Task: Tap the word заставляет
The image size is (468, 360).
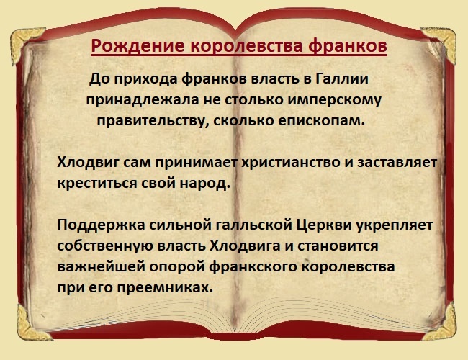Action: [401, 163]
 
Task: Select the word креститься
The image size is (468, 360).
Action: [96, 183]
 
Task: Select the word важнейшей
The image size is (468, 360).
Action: [94, 266]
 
